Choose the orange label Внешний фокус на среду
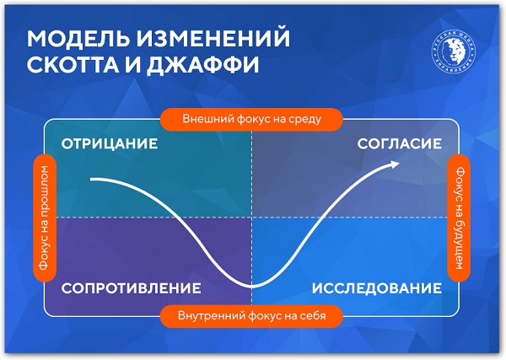[x=252, y=119]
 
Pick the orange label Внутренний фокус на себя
[x=252, y=317]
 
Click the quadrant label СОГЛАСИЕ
[x=400, y=143]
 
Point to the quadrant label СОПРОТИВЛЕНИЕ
[x=131, y=288]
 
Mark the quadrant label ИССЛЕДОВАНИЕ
[x=377, y=288]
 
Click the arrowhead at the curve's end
[x=396, y=164]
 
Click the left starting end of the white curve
[x=92, y=180]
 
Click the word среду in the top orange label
[x=304, y=119]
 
